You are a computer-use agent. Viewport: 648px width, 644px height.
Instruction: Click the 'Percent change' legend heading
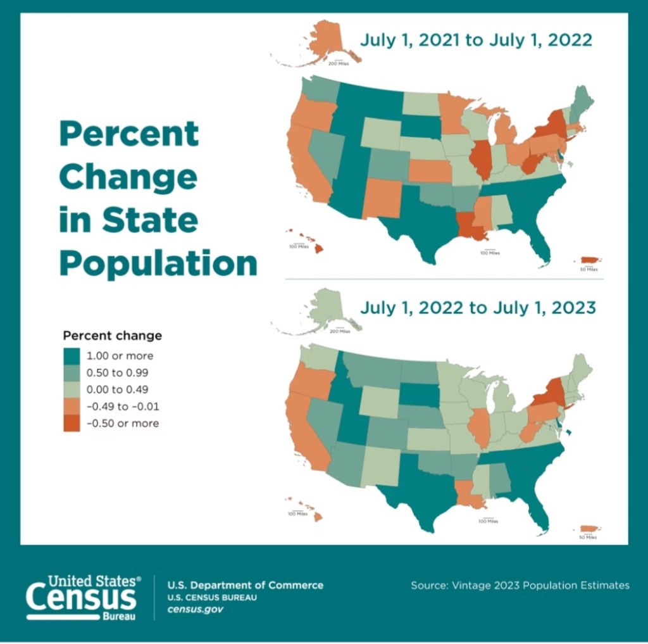(113, 336)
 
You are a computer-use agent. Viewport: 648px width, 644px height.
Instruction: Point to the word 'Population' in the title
(158, 262)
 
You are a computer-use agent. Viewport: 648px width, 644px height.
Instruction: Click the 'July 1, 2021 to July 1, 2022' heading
(476, 41)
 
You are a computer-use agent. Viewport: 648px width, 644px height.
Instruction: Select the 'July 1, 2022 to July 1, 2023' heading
(478, 308)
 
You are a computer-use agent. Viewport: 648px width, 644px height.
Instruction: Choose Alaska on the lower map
(327, 308)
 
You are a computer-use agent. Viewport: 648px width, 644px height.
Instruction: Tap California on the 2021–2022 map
(305, 165)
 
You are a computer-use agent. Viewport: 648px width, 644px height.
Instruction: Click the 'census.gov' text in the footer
(195, 609)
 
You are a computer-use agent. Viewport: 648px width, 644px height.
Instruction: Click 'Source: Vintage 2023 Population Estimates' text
(520, 585)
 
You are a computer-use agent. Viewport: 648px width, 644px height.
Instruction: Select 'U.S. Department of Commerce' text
(245, 585)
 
